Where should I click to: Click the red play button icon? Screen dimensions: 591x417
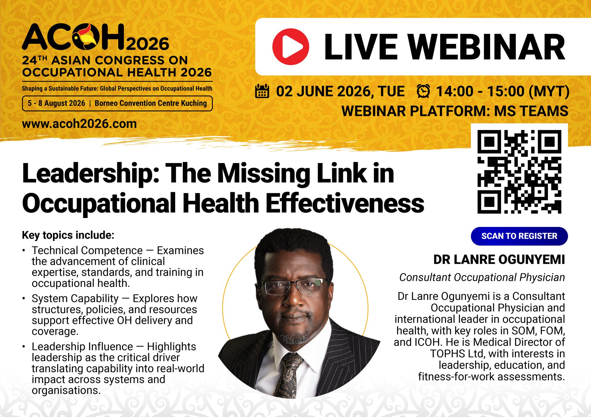291,47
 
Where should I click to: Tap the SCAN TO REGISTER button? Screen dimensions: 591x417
519,236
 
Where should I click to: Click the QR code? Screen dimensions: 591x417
519,172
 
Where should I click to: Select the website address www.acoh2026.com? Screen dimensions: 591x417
79,124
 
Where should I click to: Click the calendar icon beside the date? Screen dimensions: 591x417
262,91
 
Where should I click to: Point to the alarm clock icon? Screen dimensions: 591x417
423,91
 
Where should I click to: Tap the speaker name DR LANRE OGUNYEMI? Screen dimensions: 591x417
499,260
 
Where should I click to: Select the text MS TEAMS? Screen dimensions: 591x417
531,111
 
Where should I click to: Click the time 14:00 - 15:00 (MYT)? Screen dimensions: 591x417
503,91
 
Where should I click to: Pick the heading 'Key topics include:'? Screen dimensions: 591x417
68,235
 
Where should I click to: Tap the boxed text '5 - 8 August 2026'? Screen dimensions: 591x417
56,103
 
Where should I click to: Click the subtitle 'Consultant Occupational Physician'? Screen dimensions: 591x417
482,277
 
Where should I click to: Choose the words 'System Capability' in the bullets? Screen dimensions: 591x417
75,299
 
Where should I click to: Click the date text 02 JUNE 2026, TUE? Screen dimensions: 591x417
340,91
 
